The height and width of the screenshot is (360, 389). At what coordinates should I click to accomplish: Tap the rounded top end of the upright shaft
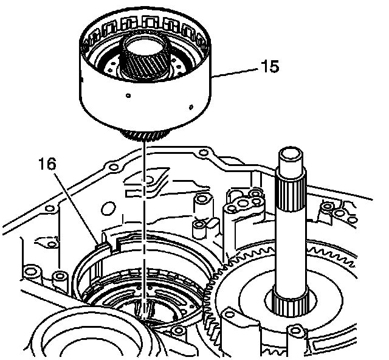pos(289,154)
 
